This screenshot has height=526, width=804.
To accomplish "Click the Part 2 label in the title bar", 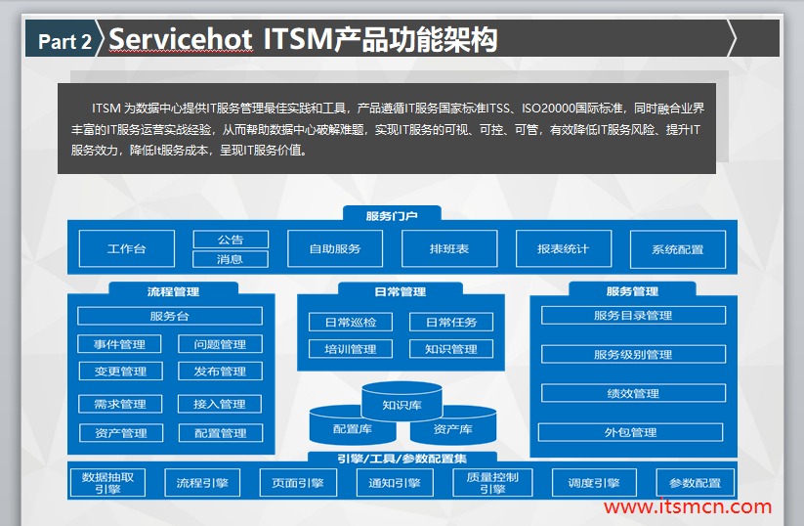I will [x=64, y=40].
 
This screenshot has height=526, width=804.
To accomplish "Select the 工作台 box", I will [x=126, y=249].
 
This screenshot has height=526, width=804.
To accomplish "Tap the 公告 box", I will [x=231, y=240].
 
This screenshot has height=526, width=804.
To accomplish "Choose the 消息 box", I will [x=231, y=259].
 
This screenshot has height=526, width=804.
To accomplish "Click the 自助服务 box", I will [x=335, y=249].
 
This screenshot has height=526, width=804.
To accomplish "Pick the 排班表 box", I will [x=449, y=249].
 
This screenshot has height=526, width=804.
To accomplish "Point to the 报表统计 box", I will [x=564, y=249].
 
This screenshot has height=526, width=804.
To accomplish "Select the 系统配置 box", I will [x=678, y=249].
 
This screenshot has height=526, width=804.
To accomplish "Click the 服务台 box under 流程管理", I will [x=170, y=316].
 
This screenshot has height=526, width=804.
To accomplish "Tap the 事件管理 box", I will [x=120, y=344].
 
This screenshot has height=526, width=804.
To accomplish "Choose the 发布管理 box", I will [x=220, y=372].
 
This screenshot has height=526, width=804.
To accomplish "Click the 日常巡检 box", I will [x=350, y=322].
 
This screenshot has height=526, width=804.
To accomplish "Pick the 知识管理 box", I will [x=450, y=349].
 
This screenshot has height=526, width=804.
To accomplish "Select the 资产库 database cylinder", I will [x=453, y=430].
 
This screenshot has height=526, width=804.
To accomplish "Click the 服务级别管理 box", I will [x=633, y=354].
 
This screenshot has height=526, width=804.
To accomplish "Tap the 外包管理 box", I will [x=631, y=432].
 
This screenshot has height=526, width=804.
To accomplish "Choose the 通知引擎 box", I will [x=395, y=483].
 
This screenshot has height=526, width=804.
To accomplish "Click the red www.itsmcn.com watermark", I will [x=688, y=506].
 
